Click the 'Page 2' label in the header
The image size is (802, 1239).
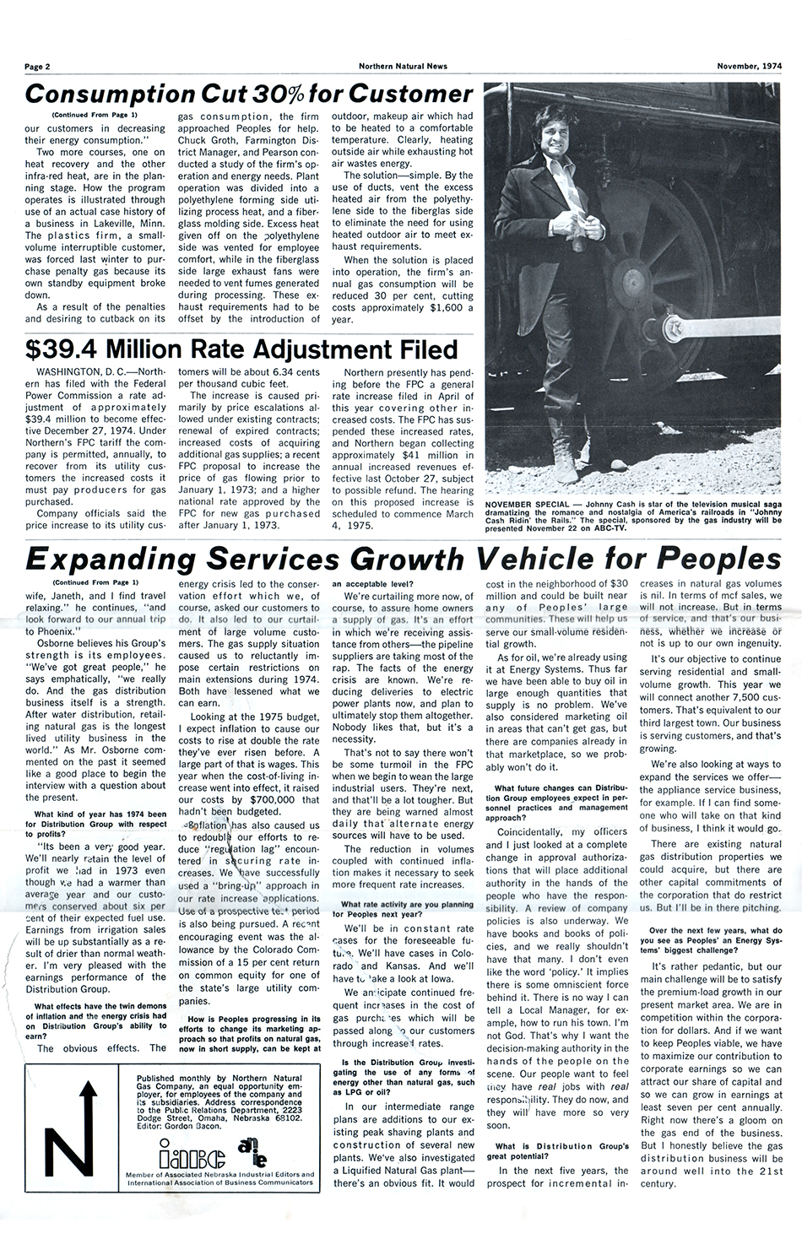coord(38,66)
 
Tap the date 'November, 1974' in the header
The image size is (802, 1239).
coord(749,66)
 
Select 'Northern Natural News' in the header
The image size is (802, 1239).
coord(403,66)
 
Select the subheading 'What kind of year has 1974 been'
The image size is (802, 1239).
coord(100,814)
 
